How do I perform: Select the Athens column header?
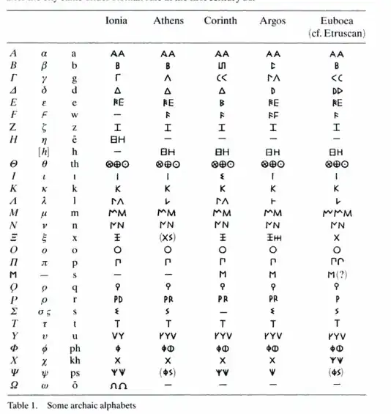(168, 21)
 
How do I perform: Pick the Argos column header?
(272, 21)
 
